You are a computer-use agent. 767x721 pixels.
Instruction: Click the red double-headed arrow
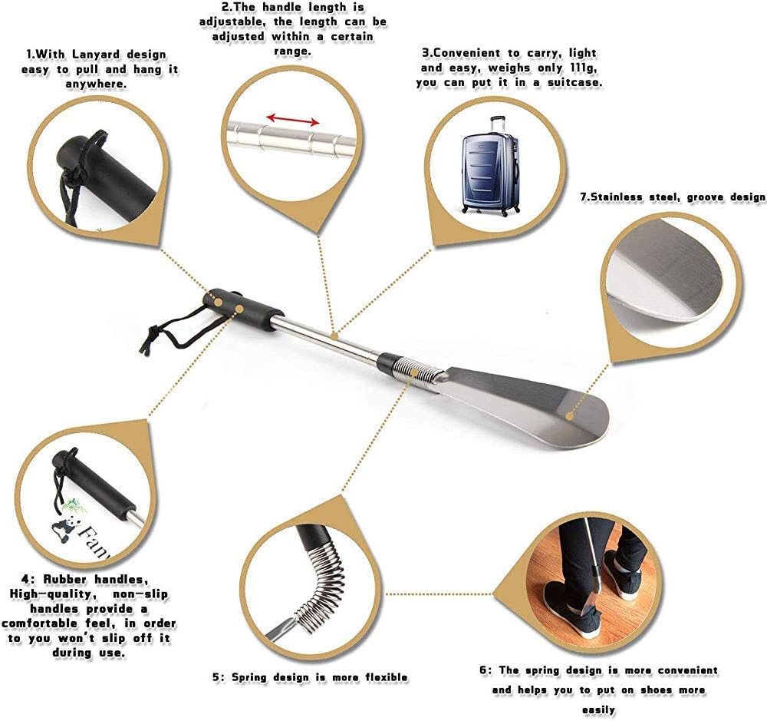[292, 119]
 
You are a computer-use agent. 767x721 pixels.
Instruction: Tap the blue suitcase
[490, 166]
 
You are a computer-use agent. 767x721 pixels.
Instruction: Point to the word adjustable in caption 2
[232, 22]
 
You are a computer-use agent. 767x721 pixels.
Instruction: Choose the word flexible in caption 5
[387, 677]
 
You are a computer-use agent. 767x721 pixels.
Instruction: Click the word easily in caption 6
[598, 709]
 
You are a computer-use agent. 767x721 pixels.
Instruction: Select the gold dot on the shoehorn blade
[569, 416]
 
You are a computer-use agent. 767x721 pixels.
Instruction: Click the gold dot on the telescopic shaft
[334, 336]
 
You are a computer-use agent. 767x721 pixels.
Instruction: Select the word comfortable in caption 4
[41, 623]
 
